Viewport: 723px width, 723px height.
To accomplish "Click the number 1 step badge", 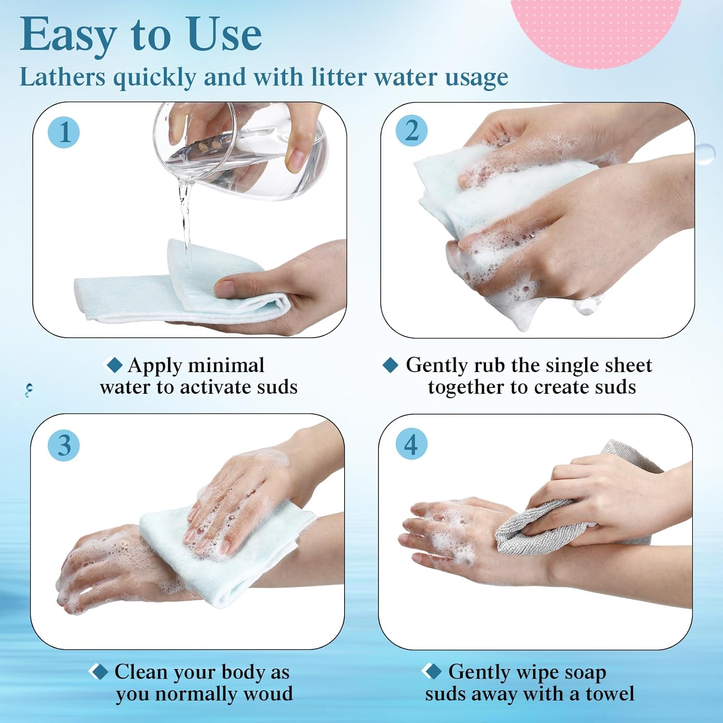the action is coord(64,132).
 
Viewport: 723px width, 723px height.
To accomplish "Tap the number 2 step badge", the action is coord(412,130).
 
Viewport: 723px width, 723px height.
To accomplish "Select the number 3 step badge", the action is coord(64,445).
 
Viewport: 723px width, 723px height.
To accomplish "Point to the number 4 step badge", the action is coord(411,444).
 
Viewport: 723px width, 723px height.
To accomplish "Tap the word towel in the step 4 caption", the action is coord(610,694).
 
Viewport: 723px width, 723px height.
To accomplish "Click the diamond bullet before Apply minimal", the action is coord(114,365).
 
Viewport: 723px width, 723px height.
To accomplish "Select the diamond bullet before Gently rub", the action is coord(390,365).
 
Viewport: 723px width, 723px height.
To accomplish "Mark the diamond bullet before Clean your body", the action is coord(99,671).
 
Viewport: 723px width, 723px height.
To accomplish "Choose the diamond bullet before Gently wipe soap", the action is coord(432,671).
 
